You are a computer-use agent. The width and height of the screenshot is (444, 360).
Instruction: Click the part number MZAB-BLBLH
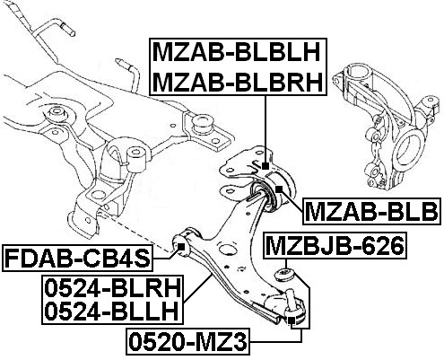click(x=237, y=53)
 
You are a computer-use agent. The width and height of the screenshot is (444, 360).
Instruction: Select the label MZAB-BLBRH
click(x=239, y=82)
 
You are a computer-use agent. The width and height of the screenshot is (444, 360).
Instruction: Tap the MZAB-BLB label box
click(x=371, y=211)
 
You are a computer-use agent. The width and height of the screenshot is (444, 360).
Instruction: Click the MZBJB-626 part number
click(x=335, y=245)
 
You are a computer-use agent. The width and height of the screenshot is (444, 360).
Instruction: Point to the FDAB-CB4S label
click(x=77, y=259)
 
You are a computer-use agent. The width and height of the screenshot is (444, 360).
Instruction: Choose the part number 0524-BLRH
click(x=113, y=288)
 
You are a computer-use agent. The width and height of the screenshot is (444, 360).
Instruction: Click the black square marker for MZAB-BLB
click(x=279, y=189)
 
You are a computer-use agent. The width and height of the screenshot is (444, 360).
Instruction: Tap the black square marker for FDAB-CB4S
click(x=181, y=247)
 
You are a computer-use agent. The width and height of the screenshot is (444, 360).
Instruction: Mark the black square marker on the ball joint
click(x=292, y=321)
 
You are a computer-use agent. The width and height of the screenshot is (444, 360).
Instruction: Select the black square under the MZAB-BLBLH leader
click(x=266, y=166)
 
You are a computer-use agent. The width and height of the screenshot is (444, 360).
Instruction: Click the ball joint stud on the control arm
click(x=290, y=298)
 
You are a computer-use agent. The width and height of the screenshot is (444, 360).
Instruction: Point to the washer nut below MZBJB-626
click(x=284, y=275)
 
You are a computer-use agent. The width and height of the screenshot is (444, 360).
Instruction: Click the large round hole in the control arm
click(x=226, y=249)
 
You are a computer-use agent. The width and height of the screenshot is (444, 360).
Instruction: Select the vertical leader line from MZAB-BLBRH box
click(x=266, y=129)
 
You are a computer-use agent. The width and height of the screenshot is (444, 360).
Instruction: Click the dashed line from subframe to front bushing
click(x=138, y=234)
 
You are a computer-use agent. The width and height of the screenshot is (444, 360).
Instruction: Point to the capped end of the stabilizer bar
click(x=69, y=31)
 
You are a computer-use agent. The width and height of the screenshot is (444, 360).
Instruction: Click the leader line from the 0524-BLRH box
click(x=198, y=288)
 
